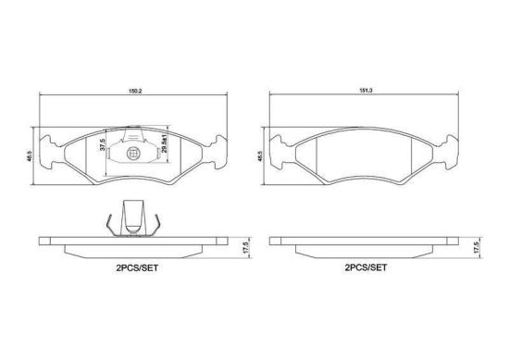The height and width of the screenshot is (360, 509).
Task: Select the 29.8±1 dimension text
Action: point(164,146)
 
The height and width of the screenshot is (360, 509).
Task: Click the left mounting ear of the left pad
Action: point(53,148)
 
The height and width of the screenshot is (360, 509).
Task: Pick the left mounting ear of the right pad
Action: point(282,148)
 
